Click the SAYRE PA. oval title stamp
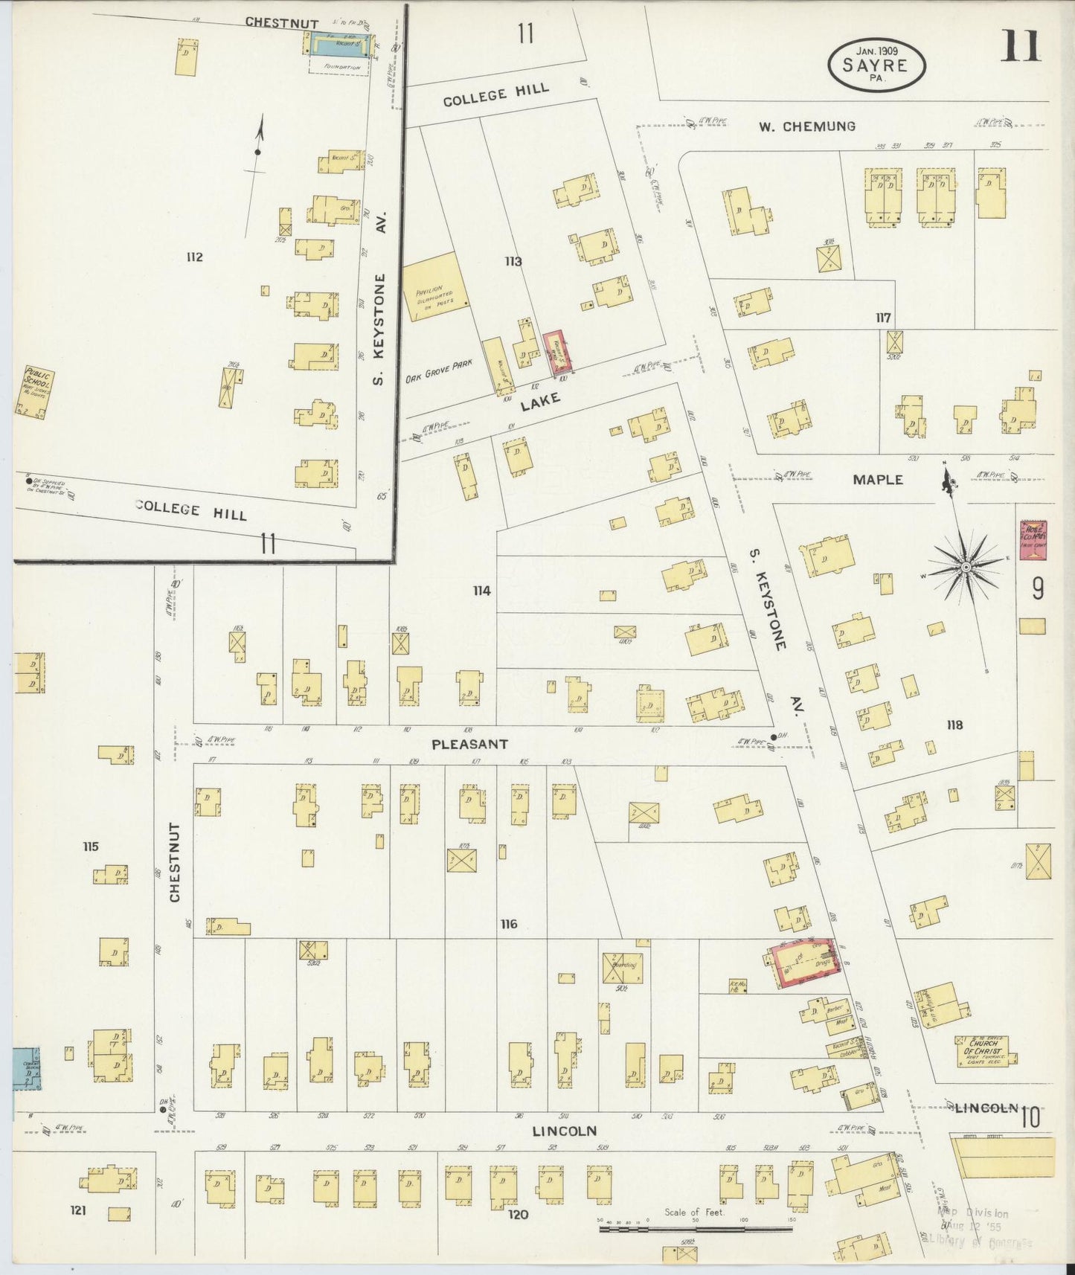(x=876, y=64)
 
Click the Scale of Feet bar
(x=696, y=1230)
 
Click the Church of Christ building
(x=985, y=1051)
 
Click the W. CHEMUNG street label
(x=806, y=127)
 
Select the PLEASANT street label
(x=470, y=744)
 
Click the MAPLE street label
(x=877, y=480)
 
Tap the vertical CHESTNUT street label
(x=176, y=862)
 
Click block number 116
(x=508, y=924)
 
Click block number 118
(x=954, y=725)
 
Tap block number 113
(x=513, y=261)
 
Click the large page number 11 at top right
(x=1020, y=46)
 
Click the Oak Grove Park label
(x=440, y=371)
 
